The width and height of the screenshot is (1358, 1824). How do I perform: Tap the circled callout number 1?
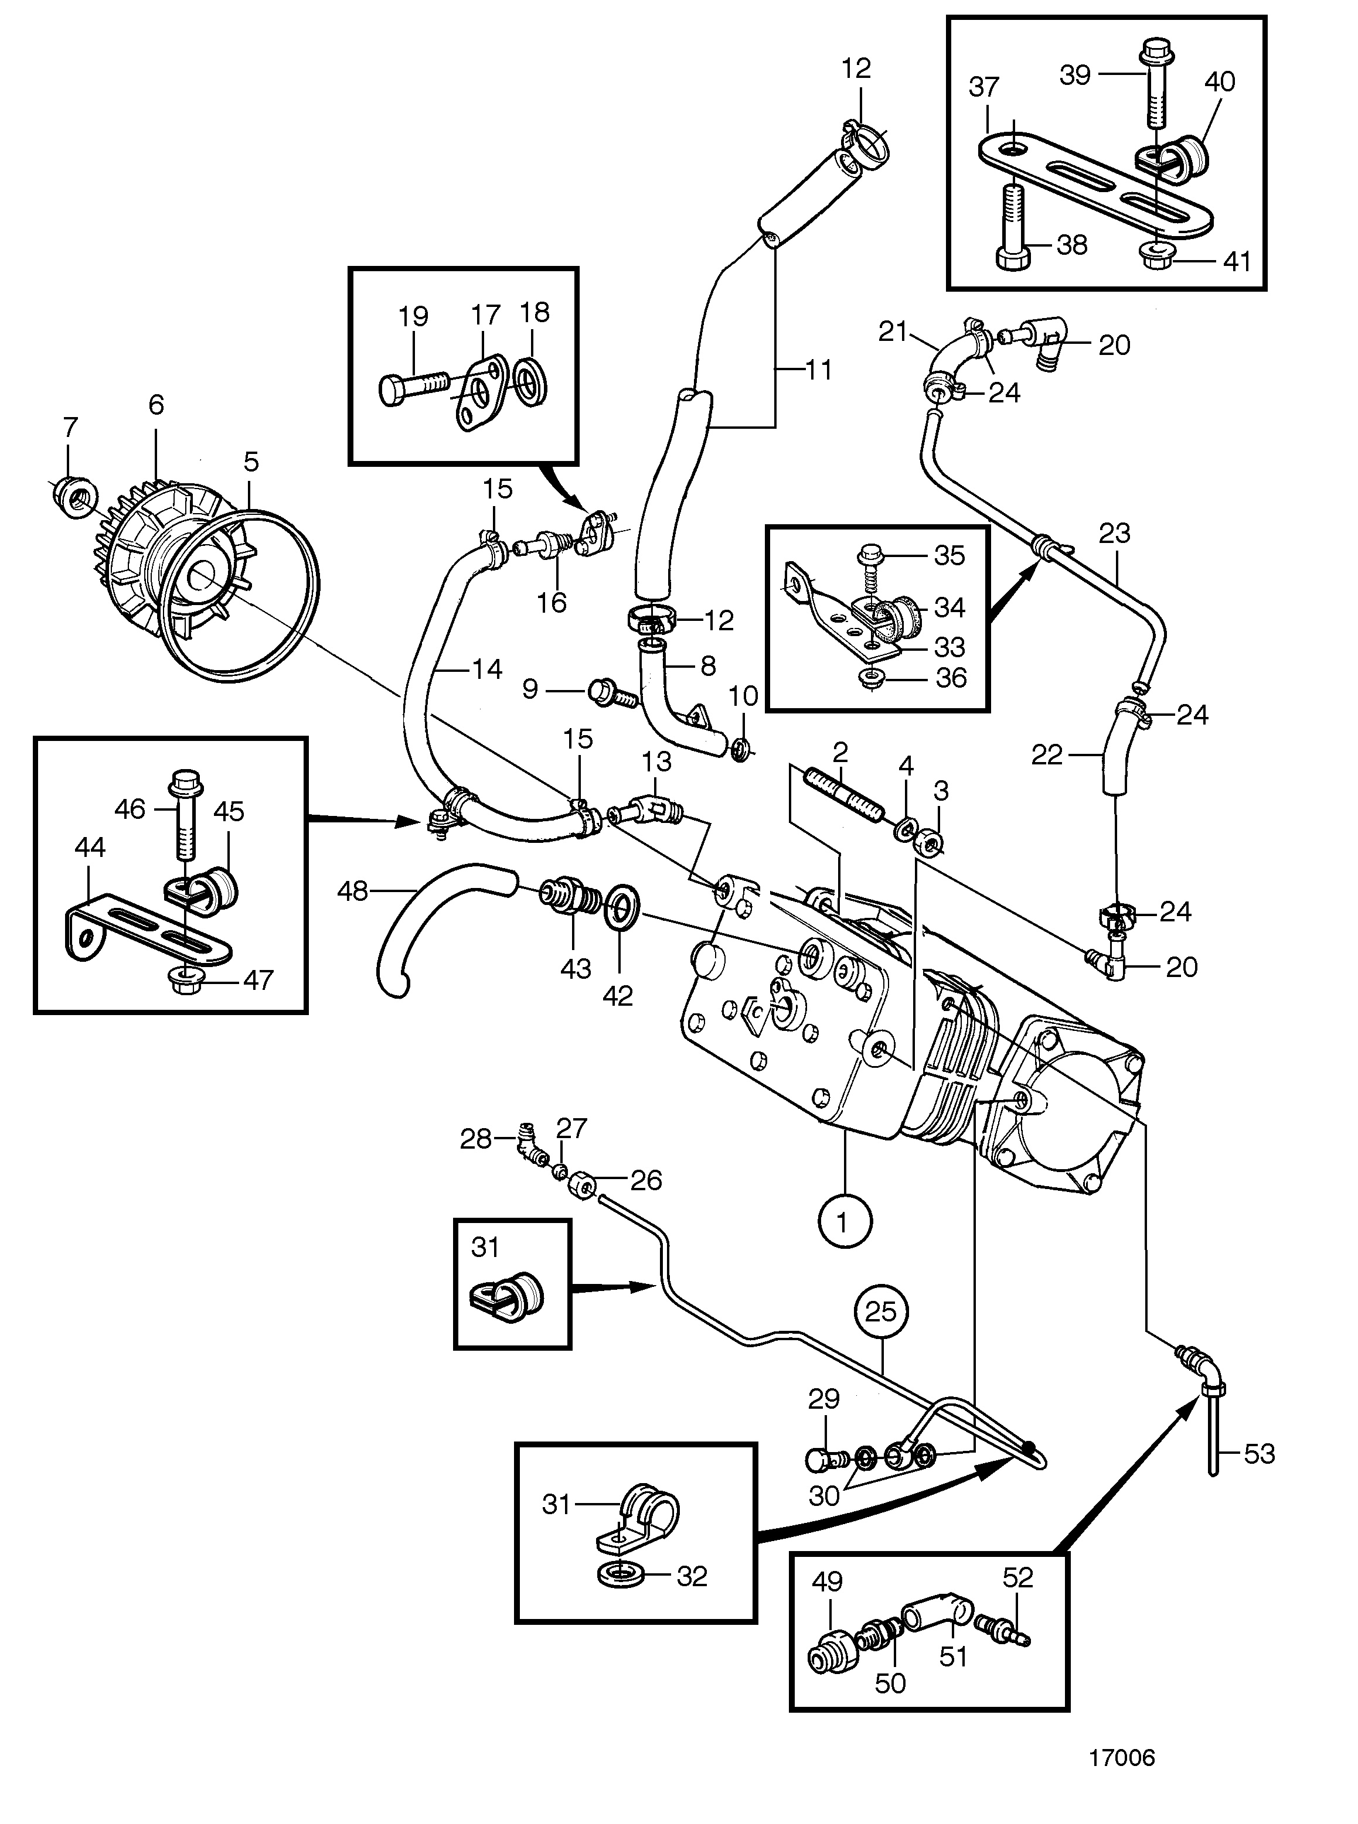click(x=845, y=1224)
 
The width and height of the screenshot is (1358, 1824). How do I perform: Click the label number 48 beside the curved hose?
click(x=353, y=891)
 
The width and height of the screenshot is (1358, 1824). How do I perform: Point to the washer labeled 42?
click(x=620, y=907)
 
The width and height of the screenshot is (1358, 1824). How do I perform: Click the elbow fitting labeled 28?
click(x=532, y=1144)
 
